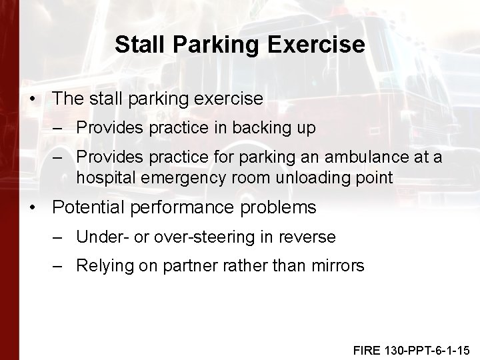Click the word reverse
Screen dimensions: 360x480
point(310,237)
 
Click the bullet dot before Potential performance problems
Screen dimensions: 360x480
point(34,208)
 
